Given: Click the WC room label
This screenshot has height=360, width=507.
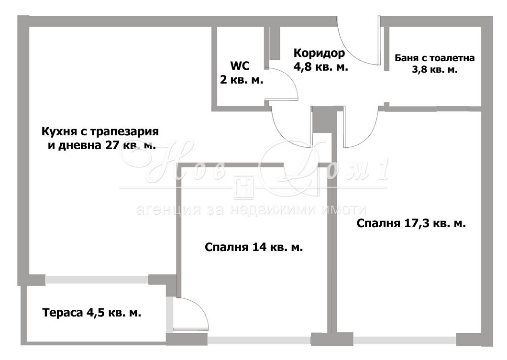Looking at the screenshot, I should pyautogui.click(x=240, y=66).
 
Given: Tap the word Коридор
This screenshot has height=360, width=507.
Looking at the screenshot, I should pyautogui.click(x=319, y=53).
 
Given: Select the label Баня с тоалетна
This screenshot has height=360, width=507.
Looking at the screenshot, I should pyautogui.click(x=434, y=58).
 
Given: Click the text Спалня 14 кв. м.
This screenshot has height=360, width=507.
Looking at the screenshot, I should pyautogui.click(x=253, y=248).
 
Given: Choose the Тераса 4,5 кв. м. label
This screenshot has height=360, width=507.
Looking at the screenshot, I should pyautogui.click(x=92, y=313).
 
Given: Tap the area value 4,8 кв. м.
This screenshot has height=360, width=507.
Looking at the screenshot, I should pyautogui.click(x=320, y=67).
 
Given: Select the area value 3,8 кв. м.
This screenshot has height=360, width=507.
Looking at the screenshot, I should pyautogui.click(x=434, y=70).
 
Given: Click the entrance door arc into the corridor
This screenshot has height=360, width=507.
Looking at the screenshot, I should pyautogui.click(x=356, y=45).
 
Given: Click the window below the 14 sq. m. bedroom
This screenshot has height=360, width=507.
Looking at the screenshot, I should pyautogui.click(x=259, y=341).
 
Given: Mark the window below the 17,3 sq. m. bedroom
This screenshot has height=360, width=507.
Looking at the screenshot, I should pyautogui.click(x=404, y=341).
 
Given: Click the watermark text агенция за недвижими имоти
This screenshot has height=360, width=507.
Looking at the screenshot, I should pyautogui.click(x=251, y=209).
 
